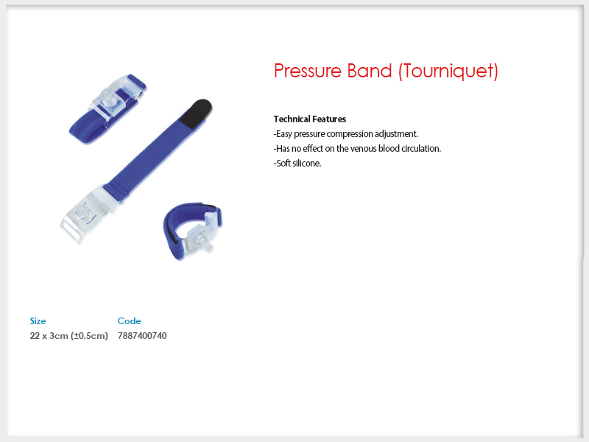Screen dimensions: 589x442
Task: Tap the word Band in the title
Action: click(370, 71)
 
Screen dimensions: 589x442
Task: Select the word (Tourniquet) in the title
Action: click(448, 71)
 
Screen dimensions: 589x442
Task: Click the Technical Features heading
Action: click(310, 119)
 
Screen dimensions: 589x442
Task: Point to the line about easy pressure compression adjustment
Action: click(346, 134)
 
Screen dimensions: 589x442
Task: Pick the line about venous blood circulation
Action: click(357, 149)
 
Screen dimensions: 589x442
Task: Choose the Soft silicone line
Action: click(297, 163)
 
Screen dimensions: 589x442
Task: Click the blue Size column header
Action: click(38, 321)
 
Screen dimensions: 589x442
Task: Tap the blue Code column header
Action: click(130, 321)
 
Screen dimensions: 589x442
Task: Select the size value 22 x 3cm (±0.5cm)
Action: click(68, 336)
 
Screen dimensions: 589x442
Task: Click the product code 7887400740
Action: click(142, 336)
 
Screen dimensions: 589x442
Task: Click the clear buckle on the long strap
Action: click(86, 214)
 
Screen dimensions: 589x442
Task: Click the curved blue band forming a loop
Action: click(177, 225)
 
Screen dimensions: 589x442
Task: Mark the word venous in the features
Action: click(363, 149)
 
